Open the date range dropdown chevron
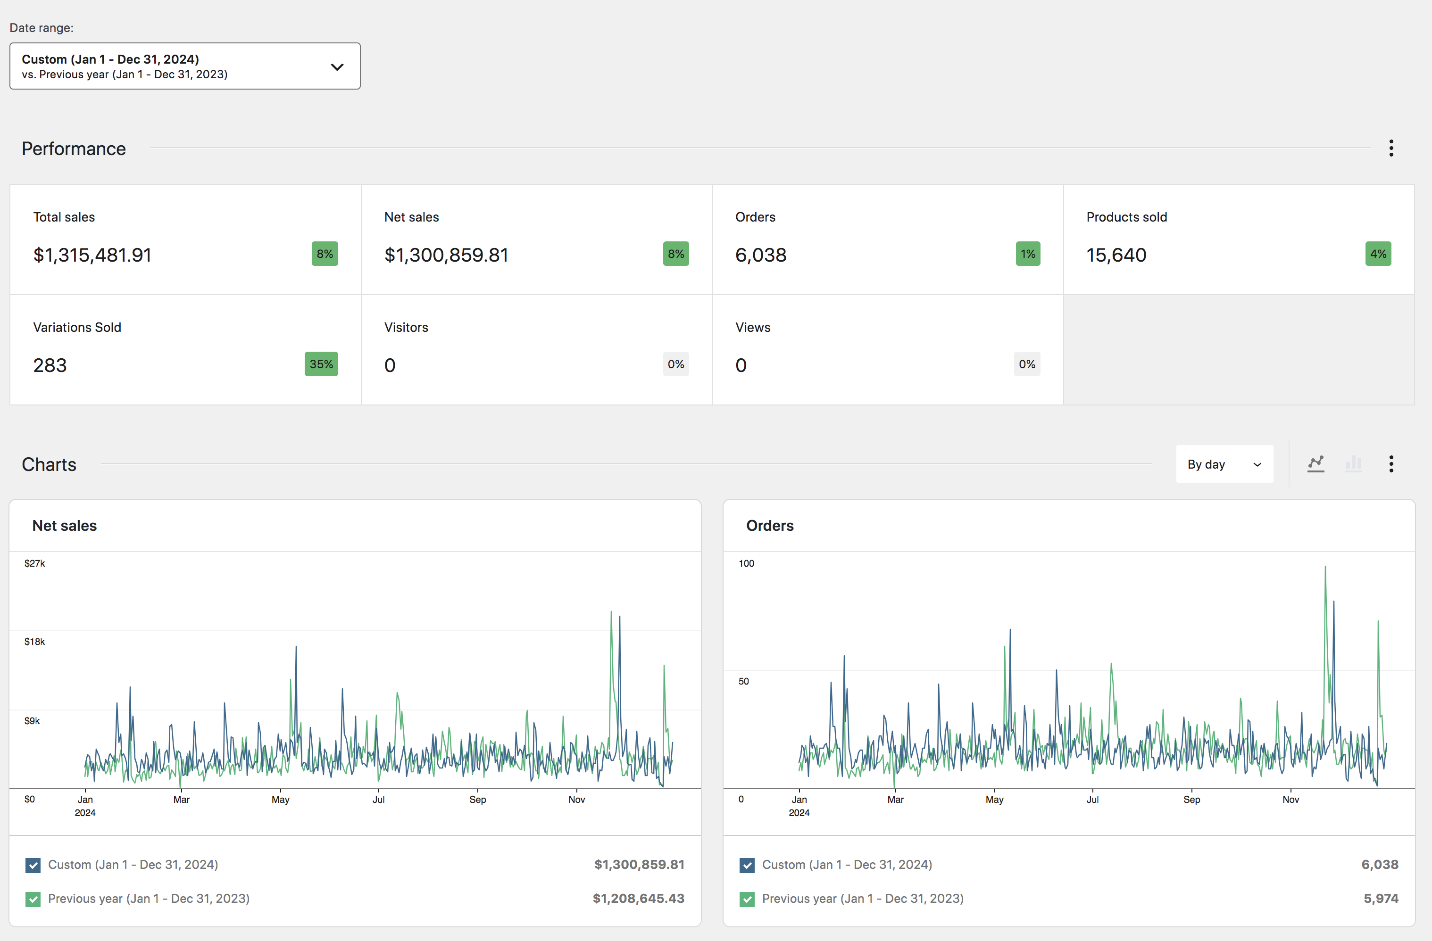pyautogui.click(x=337, y=67)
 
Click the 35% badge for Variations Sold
pyautogui.click(x=321, y=364)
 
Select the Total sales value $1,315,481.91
pyautogui.click(x=92, y=255)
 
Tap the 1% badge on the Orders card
pyautogui.click(x=1028, y=254)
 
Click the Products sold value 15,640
pyautogui.click(x=1116, y=255)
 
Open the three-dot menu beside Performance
pyautogui.click(x=1391, y=148)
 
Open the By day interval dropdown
pyautogui.click(x=1224, y=464)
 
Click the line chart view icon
pyautogui.click(x=1316, y=463)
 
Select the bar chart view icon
pyautogui.click(x=1353, y=463)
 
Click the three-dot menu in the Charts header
pyautogui.click(x=1391, y=463)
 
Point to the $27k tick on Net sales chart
pyautogui.click(x=34, y=563)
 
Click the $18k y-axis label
pyautogui.click(x=34, y=642)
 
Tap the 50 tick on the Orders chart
pyautogui.click(x=744, y=681)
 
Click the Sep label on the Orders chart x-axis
pyautogui.click(x=1191, y=799)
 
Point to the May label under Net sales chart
pyautogui.click(x=280, y=799)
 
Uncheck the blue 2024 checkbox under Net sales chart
pyautogui.click(x=33, y=865)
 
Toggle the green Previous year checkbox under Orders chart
pyautogui.click(x=747, y=899)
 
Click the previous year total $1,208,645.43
pyautogui.click(x=638, y=898)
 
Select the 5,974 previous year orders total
pyautogui.click(x=1381, y=898)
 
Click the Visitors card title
pyautogui.click(x=406, y=327)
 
